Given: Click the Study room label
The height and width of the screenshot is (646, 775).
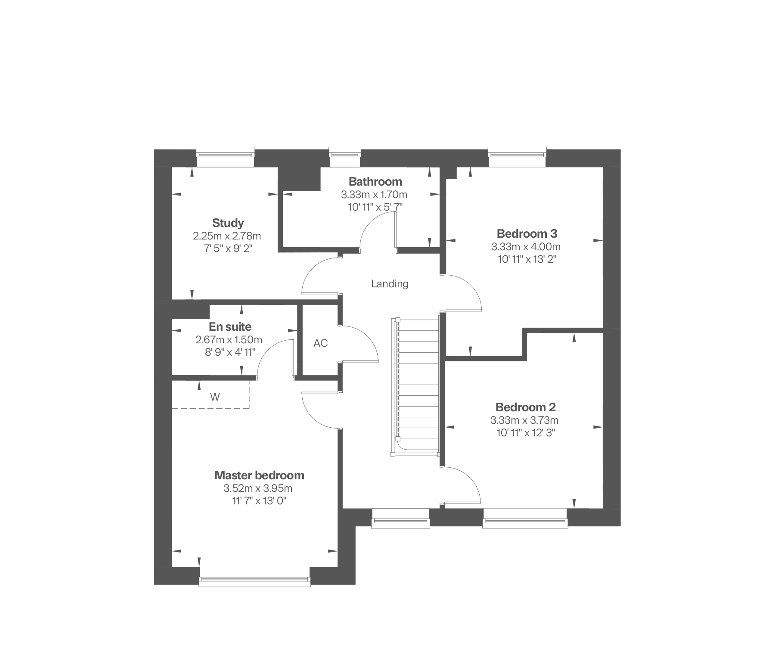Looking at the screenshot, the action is [x=228, y=223].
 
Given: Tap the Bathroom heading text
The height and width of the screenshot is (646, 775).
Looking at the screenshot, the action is [x=375, y=181].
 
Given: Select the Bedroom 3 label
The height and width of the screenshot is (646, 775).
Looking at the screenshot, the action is [x=527, y=233].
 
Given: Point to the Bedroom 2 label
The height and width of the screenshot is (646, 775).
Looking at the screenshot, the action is [x=526, y=407].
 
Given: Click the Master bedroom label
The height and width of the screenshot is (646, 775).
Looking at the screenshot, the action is [x=259, y=475].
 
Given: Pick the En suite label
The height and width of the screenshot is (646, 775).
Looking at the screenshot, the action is [x=230, y=326].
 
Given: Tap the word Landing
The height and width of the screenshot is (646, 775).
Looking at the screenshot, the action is [x=390, y=284].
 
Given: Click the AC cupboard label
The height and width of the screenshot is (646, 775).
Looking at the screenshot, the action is [x=320, y=343].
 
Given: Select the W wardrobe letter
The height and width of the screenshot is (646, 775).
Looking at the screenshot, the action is [x=215, y=397].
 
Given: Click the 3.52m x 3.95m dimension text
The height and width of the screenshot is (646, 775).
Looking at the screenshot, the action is [x=258, y=488].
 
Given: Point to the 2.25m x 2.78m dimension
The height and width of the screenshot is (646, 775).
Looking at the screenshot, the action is [x=227, y=236].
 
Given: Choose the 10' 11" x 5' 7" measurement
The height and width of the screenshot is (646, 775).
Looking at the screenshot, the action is [x=375, y=207].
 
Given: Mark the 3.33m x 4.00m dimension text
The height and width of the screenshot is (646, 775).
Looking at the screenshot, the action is [x=526, y=247].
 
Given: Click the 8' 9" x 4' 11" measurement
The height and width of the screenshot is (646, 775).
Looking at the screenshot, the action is [x=230, y=352].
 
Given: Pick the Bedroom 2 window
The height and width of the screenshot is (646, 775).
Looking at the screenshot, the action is [x=525, y=519].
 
